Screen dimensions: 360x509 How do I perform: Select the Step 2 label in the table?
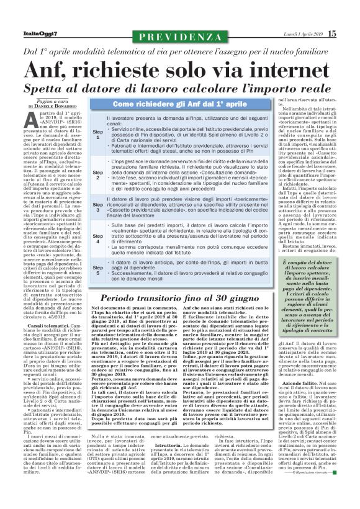(x=98, y=176)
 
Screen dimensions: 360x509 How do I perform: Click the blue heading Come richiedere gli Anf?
(x=179, y=103)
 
